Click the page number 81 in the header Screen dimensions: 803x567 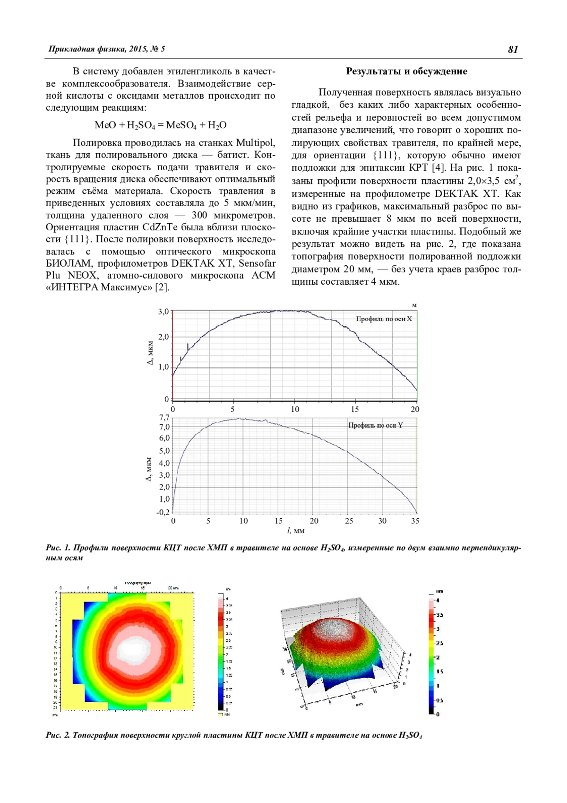[513, 50]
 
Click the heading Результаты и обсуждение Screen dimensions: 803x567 [406, 71]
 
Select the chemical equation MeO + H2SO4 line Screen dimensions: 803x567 [161, 125]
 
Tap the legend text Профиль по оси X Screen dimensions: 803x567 [384, 319]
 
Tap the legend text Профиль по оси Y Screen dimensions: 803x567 [376, 425]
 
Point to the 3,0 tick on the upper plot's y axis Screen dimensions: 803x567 [163, 312]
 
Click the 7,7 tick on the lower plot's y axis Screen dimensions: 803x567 [164, 418]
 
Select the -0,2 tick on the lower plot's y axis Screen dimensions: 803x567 [163, 512]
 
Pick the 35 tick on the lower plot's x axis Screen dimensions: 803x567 [415, 521]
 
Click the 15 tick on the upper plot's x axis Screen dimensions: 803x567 [355, 410]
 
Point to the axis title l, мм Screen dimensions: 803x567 [296, 531]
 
